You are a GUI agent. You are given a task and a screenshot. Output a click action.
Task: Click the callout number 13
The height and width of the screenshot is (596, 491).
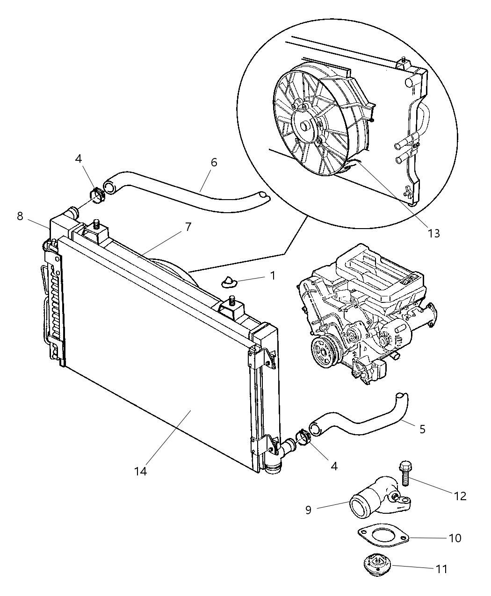[x=433, y=233]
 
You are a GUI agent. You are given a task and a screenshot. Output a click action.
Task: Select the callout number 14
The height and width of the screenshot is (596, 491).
[x=140, y=471]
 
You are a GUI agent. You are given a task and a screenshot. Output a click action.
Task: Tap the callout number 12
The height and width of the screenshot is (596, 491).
[x=460, y=496]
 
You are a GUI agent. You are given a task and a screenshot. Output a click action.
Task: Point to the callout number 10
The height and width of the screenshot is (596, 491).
[x=455, y=538]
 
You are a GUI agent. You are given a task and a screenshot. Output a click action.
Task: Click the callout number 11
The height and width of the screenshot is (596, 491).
[x=441, y=569]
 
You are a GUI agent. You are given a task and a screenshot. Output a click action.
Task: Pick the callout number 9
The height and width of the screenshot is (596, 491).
[x=308, y=510]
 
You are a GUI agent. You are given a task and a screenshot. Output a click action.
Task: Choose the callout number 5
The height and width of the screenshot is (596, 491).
[x=422, y=429]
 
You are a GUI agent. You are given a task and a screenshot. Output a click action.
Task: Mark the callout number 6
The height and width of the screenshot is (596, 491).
[x=214, y=162]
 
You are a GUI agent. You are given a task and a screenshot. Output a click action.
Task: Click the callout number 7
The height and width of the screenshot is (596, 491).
[x=188, y=227]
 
